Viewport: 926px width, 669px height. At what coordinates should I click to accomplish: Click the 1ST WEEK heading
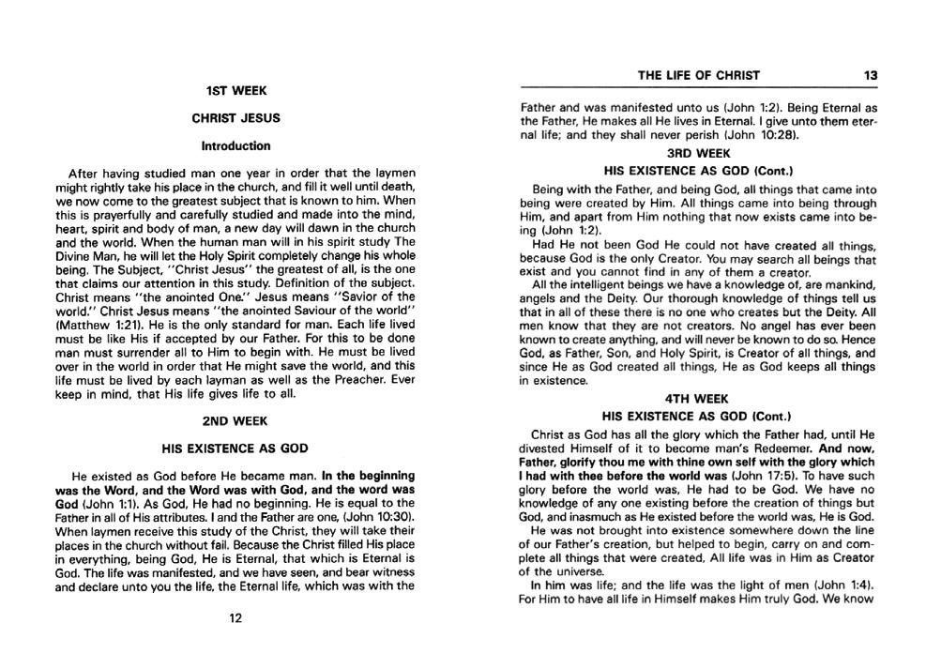[x=235, y=91]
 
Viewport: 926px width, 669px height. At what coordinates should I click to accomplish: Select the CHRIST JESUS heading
[x=235, y=118]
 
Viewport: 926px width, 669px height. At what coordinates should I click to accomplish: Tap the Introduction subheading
[x=235, y=145]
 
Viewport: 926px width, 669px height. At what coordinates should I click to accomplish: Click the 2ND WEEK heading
[x=235, y=421]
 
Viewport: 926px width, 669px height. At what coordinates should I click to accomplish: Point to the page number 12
[x=235, y=617]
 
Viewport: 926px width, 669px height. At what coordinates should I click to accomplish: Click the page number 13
[x=870, y=75]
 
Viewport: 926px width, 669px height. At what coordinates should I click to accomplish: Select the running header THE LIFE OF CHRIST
[x=698, y=75]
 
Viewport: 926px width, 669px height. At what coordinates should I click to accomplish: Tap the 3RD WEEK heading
[x=698, y=152]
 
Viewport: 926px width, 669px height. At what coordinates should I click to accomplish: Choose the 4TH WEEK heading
[x=698, y=397]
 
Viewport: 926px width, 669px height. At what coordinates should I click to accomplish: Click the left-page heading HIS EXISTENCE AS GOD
[x=235, y=449]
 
